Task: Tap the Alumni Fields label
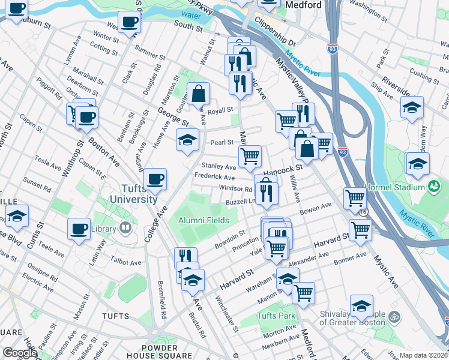tap(204, 220)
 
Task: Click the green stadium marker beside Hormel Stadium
tap(433, 187)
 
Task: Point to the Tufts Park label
tap(276, 316)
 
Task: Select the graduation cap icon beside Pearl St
tap(187, 140)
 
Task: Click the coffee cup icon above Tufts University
tap(155, 179)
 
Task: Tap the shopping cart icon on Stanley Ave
tap(250, 157)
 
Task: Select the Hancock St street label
tap(280, 170)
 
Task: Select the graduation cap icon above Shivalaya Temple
tap(361, 307)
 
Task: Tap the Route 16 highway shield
tap(363, 212)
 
